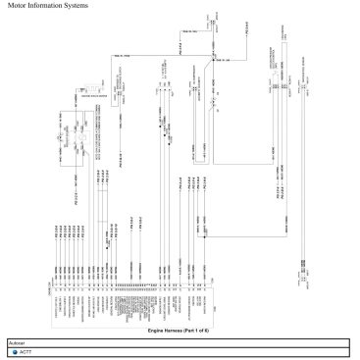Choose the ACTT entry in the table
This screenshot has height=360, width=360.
point(26,351)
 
